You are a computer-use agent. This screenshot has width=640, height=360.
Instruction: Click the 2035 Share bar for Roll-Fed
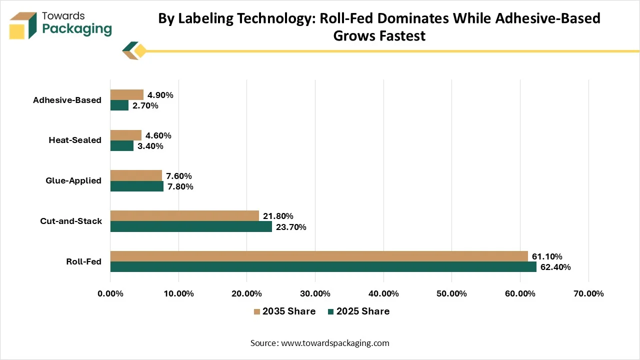click(319, 256)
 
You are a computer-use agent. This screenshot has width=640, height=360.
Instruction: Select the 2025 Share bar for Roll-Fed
click(323, 267)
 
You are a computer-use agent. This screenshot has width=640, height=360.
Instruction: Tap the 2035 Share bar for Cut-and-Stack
click(185, 216)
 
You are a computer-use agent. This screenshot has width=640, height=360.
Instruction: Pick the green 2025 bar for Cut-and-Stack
click(191, 226)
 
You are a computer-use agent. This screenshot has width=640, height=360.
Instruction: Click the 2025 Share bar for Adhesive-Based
click(119, 105)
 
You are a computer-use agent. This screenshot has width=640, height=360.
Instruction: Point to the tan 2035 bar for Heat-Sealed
click(126, 135)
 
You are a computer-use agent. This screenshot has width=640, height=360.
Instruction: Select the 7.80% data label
click(180, 186)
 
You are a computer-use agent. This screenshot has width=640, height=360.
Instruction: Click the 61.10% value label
click(547, 256)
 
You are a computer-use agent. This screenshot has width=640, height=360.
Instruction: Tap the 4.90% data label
click(160, 95)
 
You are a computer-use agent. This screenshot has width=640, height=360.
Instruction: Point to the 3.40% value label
click(150, 146)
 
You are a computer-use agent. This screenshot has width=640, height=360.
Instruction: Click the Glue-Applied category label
click(73, 180)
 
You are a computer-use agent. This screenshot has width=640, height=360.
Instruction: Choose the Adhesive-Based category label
click(67, 100)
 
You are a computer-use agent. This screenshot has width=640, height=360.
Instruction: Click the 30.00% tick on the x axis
click(315, 293)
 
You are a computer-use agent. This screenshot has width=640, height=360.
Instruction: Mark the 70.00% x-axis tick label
click(588, 293)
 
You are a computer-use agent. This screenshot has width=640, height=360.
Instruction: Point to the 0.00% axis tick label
click(110, 293)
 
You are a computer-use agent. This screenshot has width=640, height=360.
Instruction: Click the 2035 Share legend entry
click(284, 311)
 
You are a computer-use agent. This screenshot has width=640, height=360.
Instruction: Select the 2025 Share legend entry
click(358, 311)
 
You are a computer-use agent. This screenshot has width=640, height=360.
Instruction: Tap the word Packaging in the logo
click(77, 29)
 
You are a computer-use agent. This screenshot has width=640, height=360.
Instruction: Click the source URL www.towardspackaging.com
click(335, 343)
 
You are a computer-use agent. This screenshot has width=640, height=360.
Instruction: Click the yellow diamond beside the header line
click(140, 51)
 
